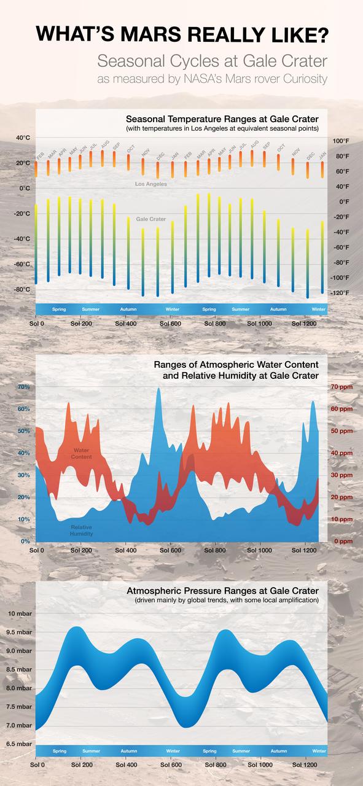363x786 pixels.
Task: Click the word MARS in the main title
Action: pyautogui.click(x=152, y=35)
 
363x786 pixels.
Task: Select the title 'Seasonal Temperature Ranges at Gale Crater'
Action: pyautogui.click(x=226, y=119)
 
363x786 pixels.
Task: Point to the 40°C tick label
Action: pyautogui.click(x=23, y=138)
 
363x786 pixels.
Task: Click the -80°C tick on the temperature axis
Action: pyautogui.click(x=22, y=289)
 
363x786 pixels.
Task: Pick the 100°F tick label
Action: pyautogui.click(x=341, y=141)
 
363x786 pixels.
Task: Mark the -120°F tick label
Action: pyautogui.click(x=340, y=293)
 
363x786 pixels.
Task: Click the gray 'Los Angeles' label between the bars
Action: pyautogui.click(x=150, y=184)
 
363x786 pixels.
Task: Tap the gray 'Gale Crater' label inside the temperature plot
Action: pyautogui.click(x=150, y=219)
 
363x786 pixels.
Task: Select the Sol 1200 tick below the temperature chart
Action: pyautogui.click(x=305, y=323)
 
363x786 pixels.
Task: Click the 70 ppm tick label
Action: pyautogui.click(x=341, y=387)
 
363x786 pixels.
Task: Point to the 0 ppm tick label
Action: pyautogui.click(x=342, y=542)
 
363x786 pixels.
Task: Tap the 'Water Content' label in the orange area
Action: pyautogui.click(x=81, y=454)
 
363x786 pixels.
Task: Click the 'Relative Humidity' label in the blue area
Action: pyautogui.click(x=81, y=530)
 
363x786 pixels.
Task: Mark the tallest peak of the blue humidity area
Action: pyautogui.click(x=159, y=389)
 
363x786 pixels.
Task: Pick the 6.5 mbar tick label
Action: pyautogui.click(x=20, y=744)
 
